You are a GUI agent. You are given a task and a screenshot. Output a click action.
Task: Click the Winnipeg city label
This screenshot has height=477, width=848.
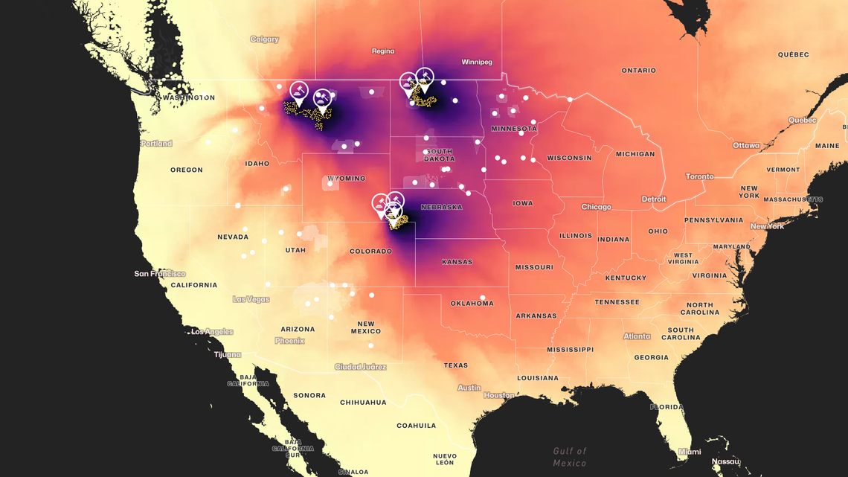pos(476,62)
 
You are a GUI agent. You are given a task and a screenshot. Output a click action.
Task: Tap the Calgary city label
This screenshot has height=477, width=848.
pos(264,39)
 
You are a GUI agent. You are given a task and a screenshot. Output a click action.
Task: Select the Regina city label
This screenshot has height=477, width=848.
pos(382,51)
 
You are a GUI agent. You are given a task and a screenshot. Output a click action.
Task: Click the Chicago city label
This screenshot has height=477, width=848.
pos(596,207)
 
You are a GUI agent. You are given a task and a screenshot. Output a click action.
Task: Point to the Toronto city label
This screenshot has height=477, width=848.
pos(698,176)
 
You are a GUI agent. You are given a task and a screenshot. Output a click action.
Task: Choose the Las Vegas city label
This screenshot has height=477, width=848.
pos(251,299)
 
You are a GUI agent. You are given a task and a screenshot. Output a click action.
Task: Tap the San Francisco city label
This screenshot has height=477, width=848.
pos(159,274)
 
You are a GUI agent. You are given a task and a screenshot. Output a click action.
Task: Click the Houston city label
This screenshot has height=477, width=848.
pos(498,395)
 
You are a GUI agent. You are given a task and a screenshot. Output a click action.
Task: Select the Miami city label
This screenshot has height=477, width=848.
pos(689,452)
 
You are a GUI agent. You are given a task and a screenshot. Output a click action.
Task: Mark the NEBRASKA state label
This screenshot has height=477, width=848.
pos(441,207)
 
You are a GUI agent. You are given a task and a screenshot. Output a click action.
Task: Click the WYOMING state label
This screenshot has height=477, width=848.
pos(346,179)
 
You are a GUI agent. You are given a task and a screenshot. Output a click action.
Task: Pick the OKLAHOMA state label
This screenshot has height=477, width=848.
pos(472,304)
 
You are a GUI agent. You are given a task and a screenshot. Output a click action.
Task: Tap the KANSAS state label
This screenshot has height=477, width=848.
pos(456,262)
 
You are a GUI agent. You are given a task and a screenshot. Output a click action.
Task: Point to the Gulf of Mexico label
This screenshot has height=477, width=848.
pos(570,457)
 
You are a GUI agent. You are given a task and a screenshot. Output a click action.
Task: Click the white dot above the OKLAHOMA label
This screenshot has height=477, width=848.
pos(483,298)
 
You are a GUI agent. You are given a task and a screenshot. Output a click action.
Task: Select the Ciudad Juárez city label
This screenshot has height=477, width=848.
pos(360,367)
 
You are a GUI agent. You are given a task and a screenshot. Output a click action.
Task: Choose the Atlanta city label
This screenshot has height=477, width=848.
pos(636,336)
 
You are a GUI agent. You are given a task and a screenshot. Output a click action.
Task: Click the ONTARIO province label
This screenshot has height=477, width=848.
pos(638,71)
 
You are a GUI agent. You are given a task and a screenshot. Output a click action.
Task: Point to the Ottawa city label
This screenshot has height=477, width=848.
pos(746,145)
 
